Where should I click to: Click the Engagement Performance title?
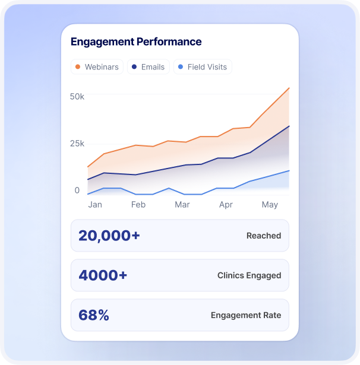point(136,42)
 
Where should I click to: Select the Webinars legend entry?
point(96,67)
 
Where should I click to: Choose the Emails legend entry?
point(148,67)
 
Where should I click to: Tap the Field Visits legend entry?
point(203,67)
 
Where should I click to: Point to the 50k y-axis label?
point(77,96)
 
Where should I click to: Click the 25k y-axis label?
point(77,144)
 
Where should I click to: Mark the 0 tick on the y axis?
point(77,191)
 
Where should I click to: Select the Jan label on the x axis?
point(95,205)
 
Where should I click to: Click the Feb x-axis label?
point(138,205)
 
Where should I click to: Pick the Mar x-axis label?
point(182,205)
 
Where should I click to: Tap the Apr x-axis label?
point(226,205)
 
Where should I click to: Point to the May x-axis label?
point(270,205)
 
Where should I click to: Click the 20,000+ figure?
point(109,236)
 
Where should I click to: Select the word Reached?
point(264,236)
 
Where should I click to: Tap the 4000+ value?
point(103,275)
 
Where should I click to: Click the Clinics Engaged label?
point(249,275)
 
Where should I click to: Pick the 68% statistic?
point(94,315)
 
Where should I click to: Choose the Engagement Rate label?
point(246,315)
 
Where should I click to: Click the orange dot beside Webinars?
point(78,67)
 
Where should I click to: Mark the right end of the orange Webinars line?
point(289,88)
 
